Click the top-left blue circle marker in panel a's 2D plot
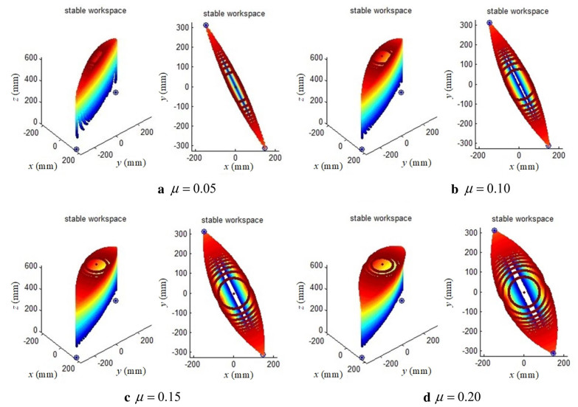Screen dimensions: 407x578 coord(206,25)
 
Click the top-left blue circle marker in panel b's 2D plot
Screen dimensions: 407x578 coord(489,23)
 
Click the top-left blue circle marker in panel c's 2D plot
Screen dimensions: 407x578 coord(204,232)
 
